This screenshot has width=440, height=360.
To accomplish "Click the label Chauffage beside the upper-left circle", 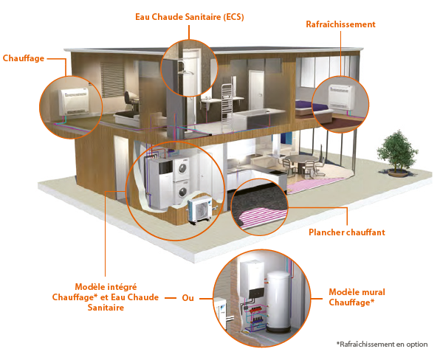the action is [x=24, y=58].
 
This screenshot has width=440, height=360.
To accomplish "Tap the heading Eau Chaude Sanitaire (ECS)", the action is [x=190, y=17].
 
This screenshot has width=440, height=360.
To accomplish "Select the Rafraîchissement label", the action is [x=340, y=24].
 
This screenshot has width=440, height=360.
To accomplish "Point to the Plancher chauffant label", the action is [x=347, y=232].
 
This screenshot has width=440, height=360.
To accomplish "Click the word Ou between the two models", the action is [x=188, y=298].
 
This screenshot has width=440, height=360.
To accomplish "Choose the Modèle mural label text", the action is [x=357, y=292].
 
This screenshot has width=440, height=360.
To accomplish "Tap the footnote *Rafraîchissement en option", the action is [x=382, y=344].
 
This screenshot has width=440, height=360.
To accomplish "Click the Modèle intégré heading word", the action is [x=106, y=287].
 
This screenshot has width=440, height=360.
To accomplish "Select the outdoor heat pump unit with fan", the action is [x=200, y=210].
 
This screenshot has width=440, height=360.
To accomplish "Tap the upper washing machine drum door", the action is [x=182, y=168].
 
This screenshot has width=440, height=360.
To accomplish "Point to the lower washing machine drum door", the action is [x=182, y=192].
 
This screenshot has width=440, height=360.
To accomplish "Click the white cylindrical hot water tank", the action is [x=279, y=302].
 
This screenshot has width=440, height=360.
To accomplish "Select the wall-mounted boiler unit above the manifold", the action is [x=252, y=280].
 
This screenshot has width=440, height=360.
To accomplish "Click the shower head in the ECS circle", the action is [x=185, y=72].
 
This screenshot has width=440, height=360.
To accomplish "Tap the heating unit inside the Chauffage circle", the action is [x=74, y=102].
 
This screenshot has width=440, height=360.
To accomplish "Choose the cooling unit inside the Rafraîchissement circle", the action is [x=341, y=97].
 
